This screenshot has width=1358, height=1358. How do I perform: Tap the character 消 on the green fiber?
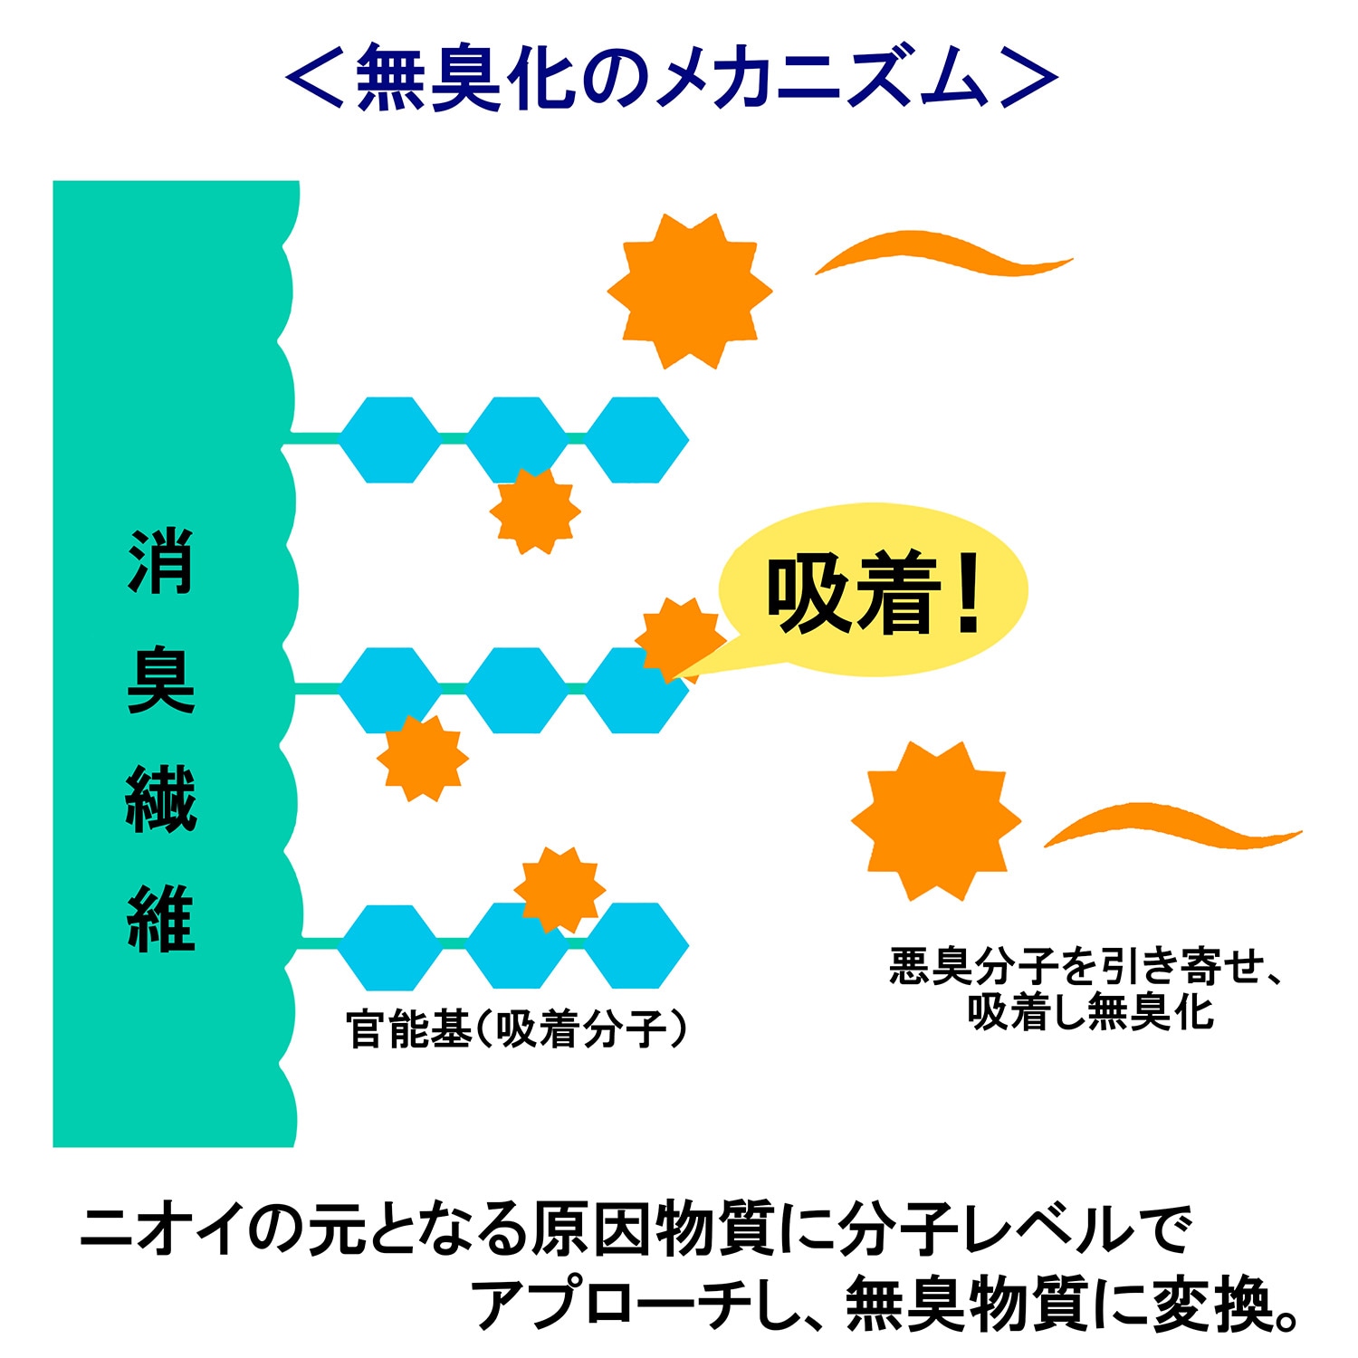[x=161, y=561]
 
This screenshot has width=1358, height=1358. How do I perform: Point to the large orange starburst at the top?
[x=690, y=292]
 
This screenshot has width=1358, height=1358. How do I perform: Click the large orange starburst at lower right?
[x=936, y=820]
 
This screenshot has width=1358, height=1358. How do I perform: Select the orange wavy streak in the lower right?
[x=1172, y=824]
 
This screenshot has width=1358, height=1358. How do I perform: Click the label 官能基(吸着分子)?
[x=516, y=1029]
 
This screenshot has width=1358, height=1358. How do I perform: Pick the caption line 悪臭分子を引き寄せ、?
[x=1086, y=966]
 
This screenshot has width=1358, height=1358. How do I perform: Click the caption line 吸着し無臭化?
[x=1091, y=1011]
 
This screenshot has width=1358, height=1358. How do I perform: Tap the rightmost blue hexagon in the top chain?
[x=637, y=440]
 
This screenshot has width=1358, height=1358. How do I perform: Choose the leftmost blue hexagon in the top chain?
[x=389, y=440]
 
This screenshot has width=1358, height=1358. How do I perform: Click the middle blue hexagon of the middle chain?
[x=516, y=690]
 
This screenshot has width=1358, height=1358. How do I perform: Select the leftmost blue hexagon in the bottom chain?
[x=389, y=946]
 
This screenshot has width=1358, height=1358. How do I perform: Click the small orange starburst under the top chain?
[x=535, y=511]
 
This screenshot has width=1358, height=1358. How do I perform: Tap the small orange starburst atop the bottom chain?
[x=559, y=889]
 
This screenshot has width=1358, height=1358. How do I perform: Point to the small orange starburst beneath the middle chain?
[x=422, y=758]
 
